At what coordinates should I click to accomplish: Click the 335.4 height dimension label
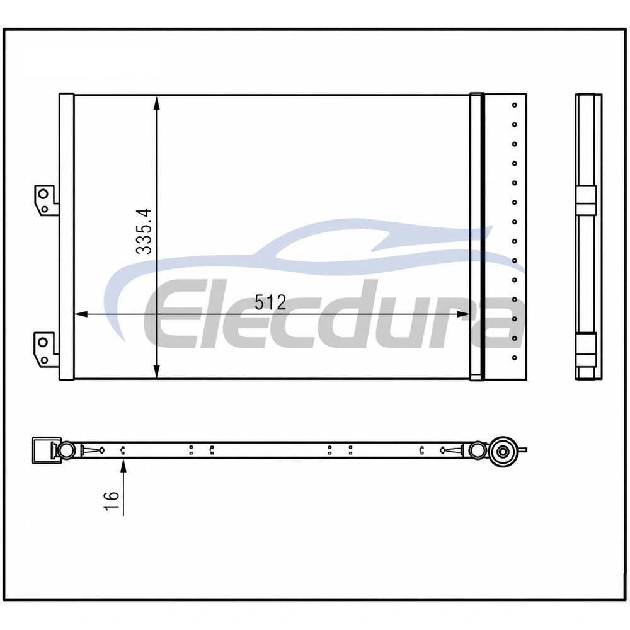(x=144, y=231)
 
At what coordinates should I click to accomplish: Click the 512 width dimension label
(x=270, y=302)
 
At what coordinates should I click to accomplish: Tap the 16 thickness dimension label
(x=112, y=501)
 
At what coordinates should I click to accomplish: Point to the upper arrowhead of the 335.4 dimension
(x=157, y=103)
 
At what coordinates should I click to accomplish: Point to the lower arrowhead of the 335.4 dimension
(x=157, y=371)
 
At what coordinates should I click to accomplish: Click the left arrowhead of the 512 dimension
(x=81, y=314)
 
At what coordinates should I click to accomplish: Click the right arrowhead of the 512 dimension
(x=463, y=314)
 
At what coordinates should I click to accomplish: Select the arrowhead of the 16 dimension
(x=123, y=466)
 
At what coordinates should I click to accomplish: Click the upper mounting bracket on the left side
(x=45, y=200)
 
